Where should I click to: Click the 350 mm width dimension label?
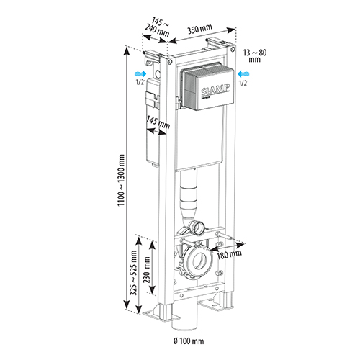pyautogui.click(x=199, y=29)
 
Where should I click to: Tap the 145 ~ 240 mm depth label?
pyautogui.click(x=158, y=27)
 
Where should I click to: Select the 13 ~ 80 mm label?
pyautogui.click(x=255, y=55)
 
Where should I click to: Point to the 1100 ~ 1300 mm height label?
pyautogui.click(x=121, y=180)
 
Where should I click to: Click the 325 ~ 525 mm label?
pyautogui.click(x=133, y=273)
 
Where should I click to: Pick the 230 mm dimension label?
pyautogui.click(x=146, y=269)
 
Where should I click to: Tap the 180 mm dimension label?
pyautogui.click(x=229, y=254)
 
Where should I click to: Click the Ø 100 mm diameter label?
pyautogui.click(x=189, y=341)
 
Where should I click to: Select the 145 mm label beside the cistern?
pyautogui.click(x=158, y=122)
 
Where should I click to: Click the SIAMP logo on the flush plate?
pyautogui.click(x=215, y=91)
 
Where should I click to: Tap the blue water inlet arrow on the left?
pyautogui.click(x=140, y=73)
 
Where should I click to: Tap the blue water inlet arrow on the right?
pyautogui.click(x=243, y=73)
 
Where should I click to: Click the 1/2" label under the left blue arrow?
pyautogui.click(x=141, y=82)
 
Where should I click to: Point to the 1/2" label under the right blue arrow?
pyautogui.click(x=243, y=83)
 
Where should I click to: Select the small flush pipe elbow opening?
pyautogui.click(x=199, y=229)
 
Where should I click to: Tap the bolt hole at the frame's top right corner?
pyautogui.click(x=232, y=50)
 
